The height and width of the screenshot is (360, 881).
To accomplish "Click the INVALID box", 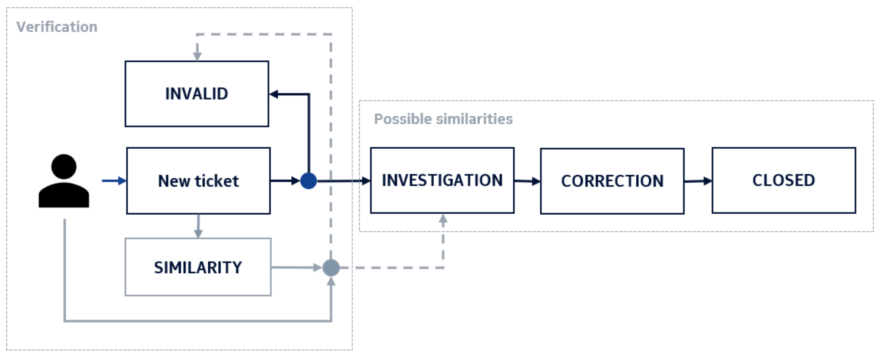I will point(197,94).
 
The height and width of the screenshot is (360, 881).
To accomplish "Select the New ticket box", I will point(198,181).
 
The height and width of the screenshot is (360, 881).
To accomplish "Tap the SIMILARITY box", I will point(198,267).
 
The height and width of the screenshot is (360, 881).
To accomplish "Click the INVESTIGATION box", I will point(442,180).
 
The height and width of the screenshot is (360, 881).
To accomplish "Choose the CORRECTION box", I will point(612,181).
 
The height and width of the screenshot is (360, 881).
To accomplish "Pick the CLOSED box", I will point(784,180).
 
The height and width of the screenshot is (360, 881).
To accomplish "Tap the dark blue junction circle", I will point(309,181).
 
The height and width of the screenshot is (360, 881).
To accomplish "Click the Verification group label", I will point(57,27).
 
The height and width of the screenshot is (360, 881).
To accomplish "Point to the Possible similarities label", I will point(443,119).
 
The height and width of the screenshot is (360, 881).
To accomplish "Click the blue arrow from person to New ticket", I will point(114,181).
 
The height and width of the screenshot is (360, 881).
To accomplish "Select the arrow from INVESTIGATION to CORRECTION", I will point(527,181).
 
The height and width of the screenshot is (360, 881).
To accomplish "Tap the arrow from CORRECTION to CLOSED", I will point(698,181).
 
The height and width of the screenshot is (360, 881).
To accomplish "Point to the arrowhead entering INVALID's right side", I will point(274,94).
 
